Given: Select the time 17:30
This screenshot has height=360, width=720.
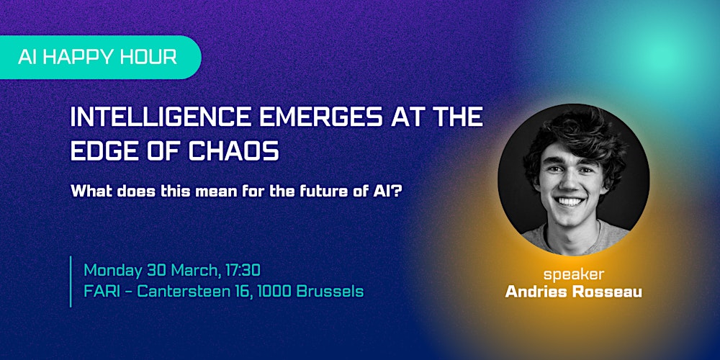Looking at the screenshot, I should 240,271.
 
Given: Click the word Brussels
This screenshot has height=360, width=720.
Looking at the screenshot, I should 330,292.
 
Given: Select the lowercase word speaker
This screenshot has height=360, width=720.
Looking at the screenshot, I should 573,274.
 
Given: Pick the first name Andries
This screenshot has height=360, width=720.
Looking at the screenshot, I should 535,292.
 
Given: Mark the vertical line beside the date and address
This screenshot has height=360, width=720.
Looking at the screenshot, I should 71,281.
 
